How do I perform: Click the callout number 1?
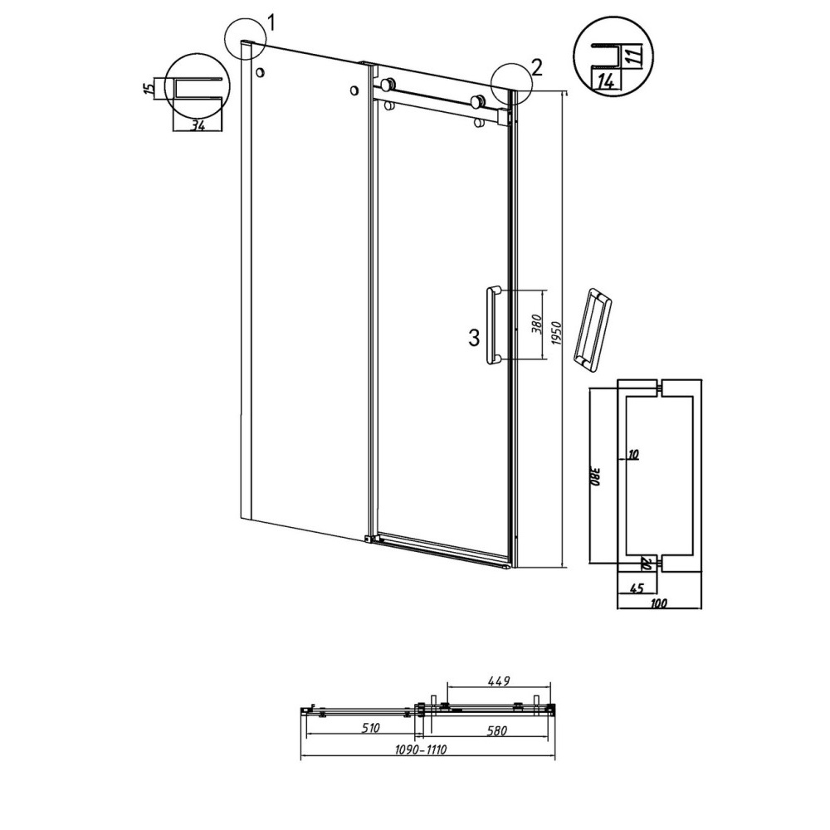271,23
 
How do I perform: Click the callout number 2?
536,67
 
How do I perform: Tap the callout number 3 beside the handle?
474,338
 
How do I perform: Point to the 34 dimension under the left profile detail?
198,126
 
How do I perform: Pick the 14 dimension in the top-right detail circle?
607,81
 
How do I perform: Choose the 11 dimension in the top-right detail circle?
637,55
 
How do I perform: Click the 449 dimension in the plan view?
499,681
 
